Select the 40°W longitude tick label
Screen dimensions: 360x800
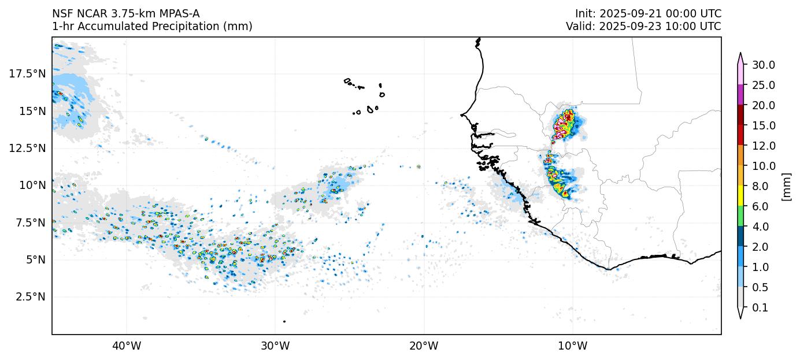(126, 347)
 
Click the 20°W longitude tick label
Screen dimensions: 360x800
(424, 347)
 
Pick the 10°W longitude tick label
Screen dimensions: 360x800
(572, 347)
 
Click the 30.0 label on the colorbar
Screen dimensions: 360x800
(763, 65)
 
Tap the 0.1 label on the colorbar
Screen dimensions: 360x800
(760, 308)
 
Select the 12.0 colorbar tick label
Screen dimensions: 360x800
(763, 146)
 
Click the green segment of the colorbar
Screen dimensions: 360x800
(740, 216)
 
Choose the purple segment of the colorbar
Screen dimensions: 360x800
(740, 95)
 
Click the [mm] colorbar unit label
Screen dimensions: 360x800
(786, 186)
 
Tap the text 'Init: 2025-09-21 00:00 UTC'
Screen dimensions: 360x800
(648, 14)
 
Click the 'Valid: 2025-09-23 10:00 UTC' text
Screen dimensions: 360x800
(643, 27)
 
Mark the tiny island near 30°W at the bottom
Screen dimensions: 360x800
(284, 321)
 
